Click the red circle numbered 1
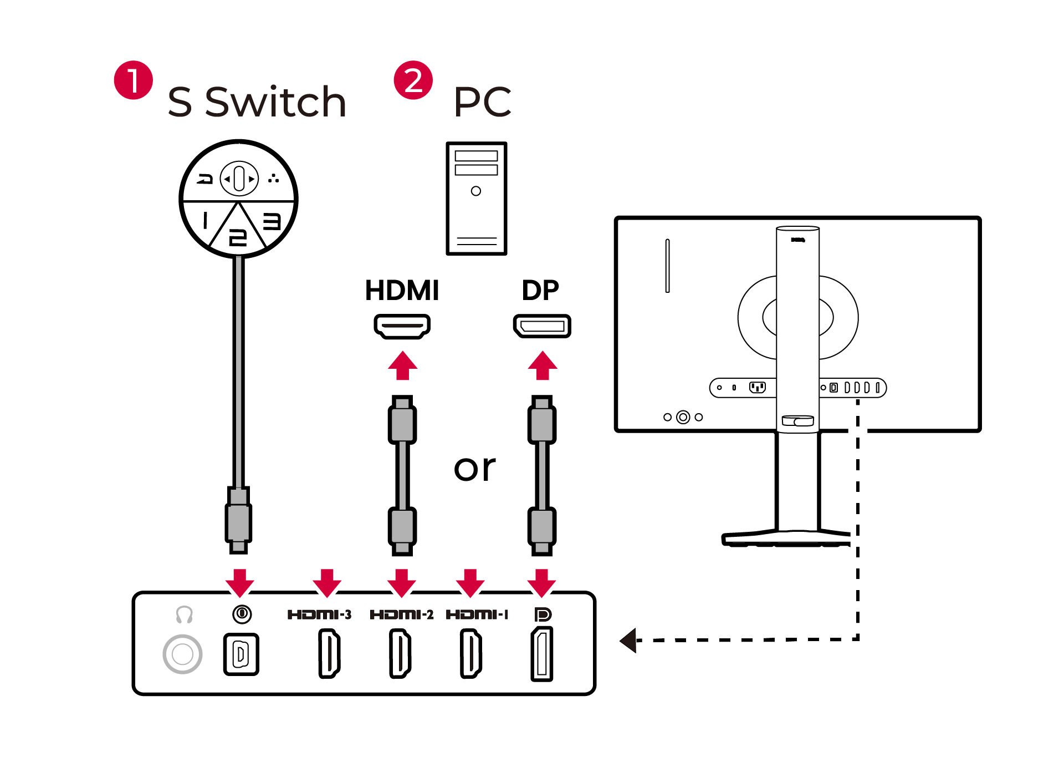pos(133,80)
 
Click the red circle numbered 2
pos(413,80)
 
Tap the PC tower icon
pos(476,198)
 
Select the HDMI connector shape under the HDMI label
pos(402,326)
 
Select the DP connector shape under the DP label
pos(541,326)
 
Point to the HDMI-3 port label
pos(319,614)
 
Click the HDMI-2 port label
pos(401,614)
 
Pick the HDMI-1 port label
pos(477,614)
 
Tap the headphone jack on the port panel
pos(182,654)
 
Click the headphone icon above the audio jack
pos(184,614)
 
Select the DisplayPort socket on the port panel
pos(542,654)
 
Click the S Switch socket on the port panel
pos(241,654)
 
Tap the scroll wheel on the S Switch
pos(239,179)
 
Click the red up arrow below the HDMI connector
pos(402,365)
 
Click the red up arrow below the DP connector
pos(542,365)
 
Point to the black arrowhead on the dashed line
pos(628,641)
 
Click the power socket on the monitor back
pos(757,387)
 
